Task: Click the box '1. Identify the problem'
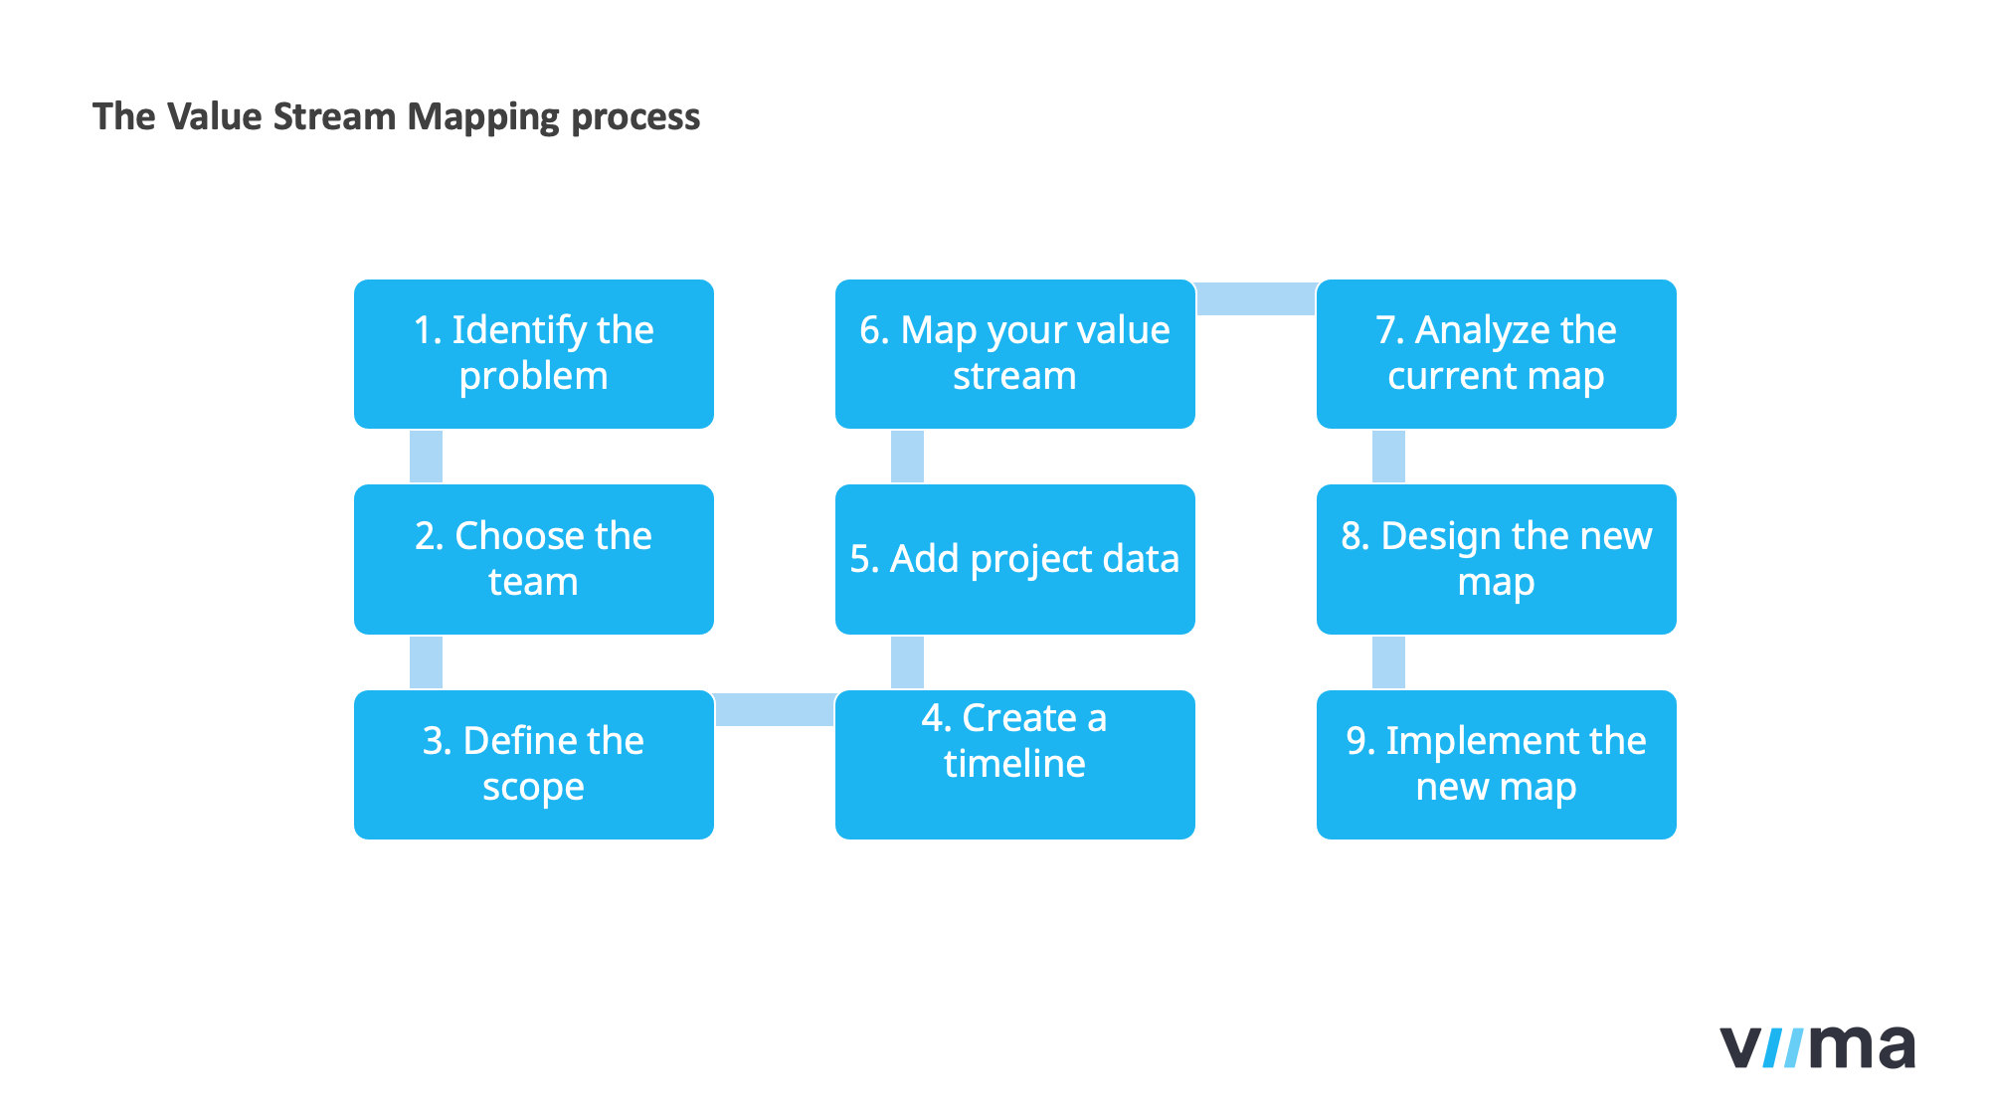[533, 354]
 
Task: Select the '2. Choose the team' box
[533, 559]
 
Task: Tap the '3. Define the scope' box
[533, 764]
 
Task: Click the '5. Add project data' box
[1014, 559]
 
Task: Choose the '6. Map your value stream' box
[1014, 354]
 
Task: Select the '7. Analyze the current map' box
[1496, 354]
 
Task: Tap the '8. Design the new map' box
[1496, 559]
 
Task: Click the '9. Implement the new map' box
[1496, 764]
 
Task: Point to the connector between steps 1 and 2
[426, 457]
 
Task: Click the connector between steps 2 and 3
[426, 662]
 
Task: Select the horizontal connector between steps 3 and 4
[775, 709]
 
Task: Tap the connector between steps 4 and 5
[907, 662]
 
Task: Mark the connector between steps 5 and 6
[907, 457]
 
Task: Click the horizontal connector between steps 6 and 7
[1256, 298]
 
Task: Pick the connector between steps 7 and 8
[1388, 457]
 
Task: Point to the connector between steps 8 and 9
[1388, 662]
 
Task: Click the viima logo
[1817, 1047]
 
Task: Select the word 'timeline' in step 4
[1014, 764]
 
